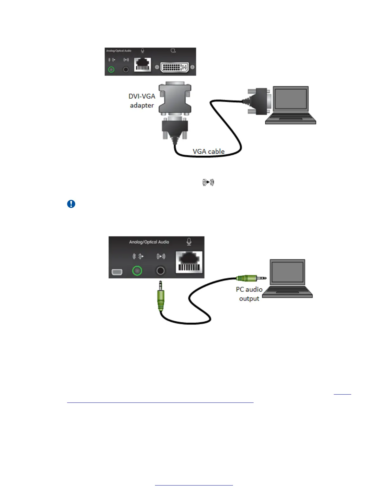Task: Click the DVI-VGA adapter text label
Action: pos(142,101)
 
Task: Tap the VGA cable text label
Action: pos(209,151)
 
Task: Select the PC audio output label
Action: pos(249,294)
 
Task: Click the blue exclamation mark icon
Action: pos(71,204)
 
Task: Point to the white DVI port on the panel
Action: pos(175,67)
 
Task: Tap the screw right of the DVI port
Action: pos(192,67)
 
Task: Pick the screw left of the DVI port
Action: pos(157,67)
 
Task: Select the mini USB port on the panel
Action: pos(117,272)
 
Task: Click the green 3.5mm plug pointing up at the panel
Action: pos(161,298)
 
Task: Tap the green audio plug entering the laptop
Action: pos(250,278)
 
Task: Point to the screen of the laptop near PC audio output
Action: pos(287,272)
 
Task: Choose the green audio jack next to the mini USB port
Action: pos(137,271)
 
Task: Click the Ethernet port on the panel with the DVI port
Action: pos(143,65)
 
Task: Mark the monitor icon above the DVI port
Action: pos(173,51)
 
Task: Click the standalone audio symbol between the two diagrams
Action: pos(208,182)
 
